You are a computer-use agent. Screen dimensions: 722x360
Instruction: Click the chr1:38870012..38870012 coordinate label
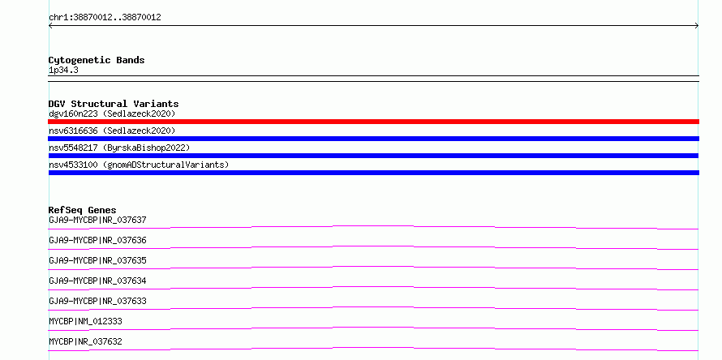tap(105, 18)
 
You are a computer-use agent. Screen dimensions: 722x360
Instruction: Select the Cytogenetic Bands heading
tap(97, 60)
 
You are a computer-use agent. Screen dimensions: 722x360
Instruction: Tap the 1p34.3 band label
tap(63, 71)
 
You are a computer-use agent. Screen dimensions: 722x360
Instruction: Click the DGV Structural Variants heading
tap(114, 104)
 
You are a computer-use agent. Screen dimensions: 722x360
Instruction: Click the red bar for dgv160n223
tap(373, 122)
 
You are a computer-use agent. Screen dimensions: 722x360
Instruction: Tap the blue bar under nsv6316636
tap(373, 139)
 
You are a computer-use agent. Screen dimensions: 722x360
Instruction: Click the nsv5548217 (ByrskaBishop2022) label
tap(119, 148)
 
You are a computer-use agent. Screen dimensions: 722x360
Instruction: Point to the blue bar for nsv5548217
tap(373, 156)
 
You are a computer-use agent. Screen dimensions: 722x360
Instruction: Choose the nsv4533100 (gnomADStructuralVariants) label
tap(139, 165)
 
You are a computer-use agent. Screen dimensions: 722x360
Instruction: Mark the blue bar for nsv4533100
tap(373, 173)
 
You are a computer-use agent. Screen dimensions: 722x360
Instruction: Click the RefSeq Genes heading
tap(83, 210)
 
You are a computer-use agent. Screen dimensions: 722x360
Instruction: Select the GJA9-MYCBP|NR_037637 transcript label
tap(97, 220)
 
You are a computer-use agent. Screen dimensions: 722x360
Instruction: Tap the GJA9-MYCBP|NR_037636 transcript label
tap(97, 240)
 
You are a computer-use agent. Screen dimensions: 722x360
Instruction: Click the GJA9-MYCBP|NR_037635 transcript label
tap(97, 260)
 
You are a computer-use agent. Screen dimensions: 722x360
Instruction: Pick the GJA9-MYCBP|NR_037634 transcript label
tap(97, 281)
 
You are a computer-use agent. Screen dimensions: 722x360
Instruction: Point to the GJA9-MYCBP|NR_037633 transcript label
tap(97, 301)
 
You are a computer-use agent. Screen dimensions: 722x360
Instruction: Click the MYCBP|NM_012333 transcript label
tap(86, 321)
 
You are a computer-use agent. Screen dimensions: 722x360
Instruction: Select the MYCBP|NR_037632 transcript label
tap(86, 341)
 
